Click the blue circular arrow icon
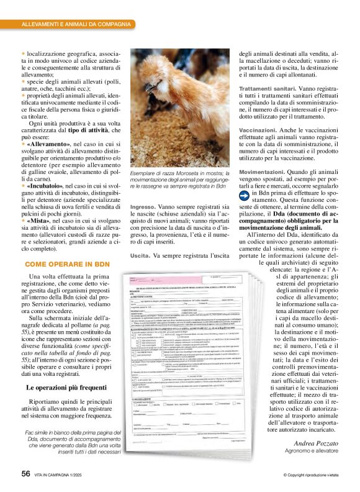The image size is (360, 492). pos(245,194)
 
